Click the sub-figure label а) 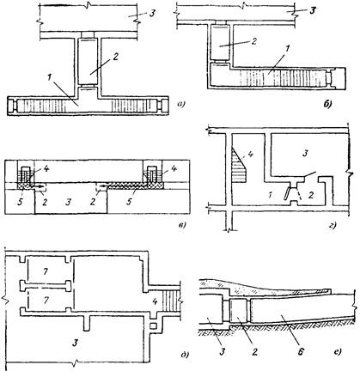pyautogui.click(x=180, y=105)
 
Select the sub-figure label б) pyautogui.click(x=327, y=105)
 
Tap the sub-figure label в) pyautogui.click(x=181, y=225)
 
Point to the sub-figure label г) pyautogui.click(x=333, y=225)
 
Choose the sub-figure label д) pyautogui.click(x=184, y=356)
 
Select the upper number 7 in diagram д pyautogui.click(x=45, y=272)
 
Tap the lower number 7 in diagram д pyautogui.click(x=46, y=300)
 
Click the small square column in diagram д pyautogui.click(x=154, y=326)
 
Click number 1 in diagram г pyautogui.click(x=271, y=196)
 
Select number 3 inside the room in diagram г pyautogui.click(x=306, y=154)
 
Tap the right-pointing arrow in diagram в pyautogui.click(x=40, y=186)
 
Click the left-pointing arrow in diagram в pyautogui.click(x=102, y=186)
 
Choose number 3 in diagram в pyautogui.click(x=68, y=203)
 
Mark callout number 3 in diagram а pyautogui.click(x=152, y=14)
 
